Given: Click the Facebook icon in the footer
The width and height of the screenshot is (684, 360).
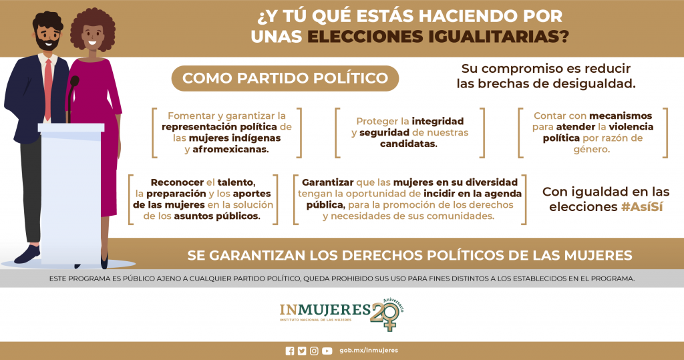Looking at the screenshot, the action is click(290, 351).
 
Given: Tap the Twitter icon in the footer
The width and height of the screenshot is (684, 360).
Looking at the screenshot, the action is click(302, 351).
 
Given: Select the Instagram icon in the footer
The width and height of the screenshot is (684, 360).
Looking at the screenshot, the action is click(314, 351).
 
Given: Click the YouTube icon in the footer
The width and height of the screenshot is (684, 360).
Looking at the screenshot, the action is click(327, 351).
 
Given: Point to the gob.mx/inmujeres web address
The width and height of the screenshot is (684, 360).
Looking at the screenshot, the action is click(369, 351).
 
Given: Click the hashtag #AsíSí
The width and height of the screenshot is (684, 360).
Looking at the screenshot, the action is click(642, 207).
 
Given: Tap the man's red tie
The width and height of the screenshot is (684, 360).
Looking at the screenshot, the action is click(48, 89).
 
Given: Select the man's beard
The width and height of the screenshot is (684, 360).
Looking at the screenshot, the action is click(47, 43).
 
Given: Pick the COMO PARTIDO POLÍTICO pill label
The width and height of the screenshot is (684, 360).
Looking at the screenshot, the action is click(285, 79).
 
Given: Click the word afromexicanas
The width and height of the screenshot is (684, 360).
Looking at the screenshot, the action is click(230, 149).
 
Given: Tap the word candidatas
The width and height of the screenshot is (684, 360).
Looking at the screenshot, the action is click(408, 144).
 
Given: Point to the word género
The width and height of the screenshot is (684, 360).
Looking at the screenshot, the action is click(592, 150).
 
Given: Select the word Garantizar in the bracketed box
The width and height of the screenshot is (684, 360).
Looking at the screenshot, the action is click(327, 182).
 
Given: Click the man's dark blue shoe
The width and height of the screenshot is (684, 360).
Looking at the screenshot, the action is click(27, 254).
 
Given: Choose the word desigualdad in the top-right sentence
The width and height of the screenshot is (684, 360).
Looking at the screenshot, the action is click(591, 83).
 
